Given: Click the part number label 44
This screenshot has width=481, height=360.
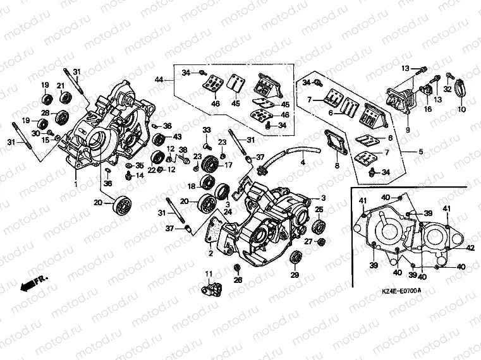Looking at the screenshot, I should pyautogui.click(x=159, y=79).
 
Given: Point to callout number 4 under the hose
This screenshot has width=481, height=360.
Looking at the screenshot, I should pyautogui.click(x=302, y=163).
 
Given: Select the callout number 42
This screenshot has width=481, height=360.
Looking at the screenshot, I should pyautogui.click(x=469, y=249).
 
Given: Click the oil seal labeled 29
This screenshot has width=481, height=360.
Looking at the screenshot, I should pyautogui.click(x=295, y=257).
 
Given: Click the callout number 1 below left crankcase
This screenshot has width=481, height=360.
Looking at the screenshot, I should pyautogui.click(x=76, y=184).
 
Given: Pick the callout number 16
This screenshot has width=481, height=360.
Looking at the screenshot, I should pyautogui.click(x=428, y=109).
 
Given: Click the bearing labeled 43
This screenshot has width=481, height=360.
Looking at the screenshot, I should pyautogui.click(x=160, y=138).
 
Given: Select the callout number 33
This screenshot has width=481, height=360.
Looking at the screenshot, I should pyautogui.click(x=206, y=129).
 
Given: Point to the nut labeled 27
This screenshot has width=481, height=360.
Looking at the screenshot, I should pyautogui.click(x=322, y=243).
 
